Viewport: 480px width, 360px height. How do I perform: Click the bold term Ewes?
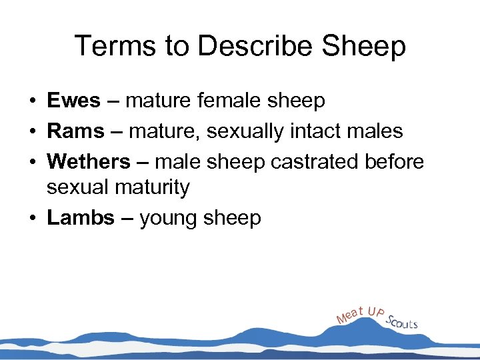(x=73, y=101)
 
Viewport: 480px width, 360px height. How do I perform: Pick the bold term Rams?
(x=75, y=131)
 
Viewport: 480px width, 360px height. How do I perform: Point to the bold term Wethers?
(x=89, y=162)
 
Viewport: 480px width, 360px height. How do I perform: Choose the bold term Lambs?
(x=81, y=218)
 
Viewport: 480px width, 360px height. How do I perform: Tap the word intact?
(x=317, y=131)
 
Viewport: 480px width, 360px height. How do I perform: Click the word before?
(x=393, y=162)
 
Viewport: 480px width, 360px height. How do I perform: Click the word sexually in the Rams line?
(x=245, y=131)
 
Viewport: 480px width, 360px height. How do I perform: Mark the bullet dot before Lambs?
(x=32, y=219)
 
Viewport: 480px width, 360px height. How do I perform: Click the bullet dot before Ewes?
(x=32, y=101)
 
